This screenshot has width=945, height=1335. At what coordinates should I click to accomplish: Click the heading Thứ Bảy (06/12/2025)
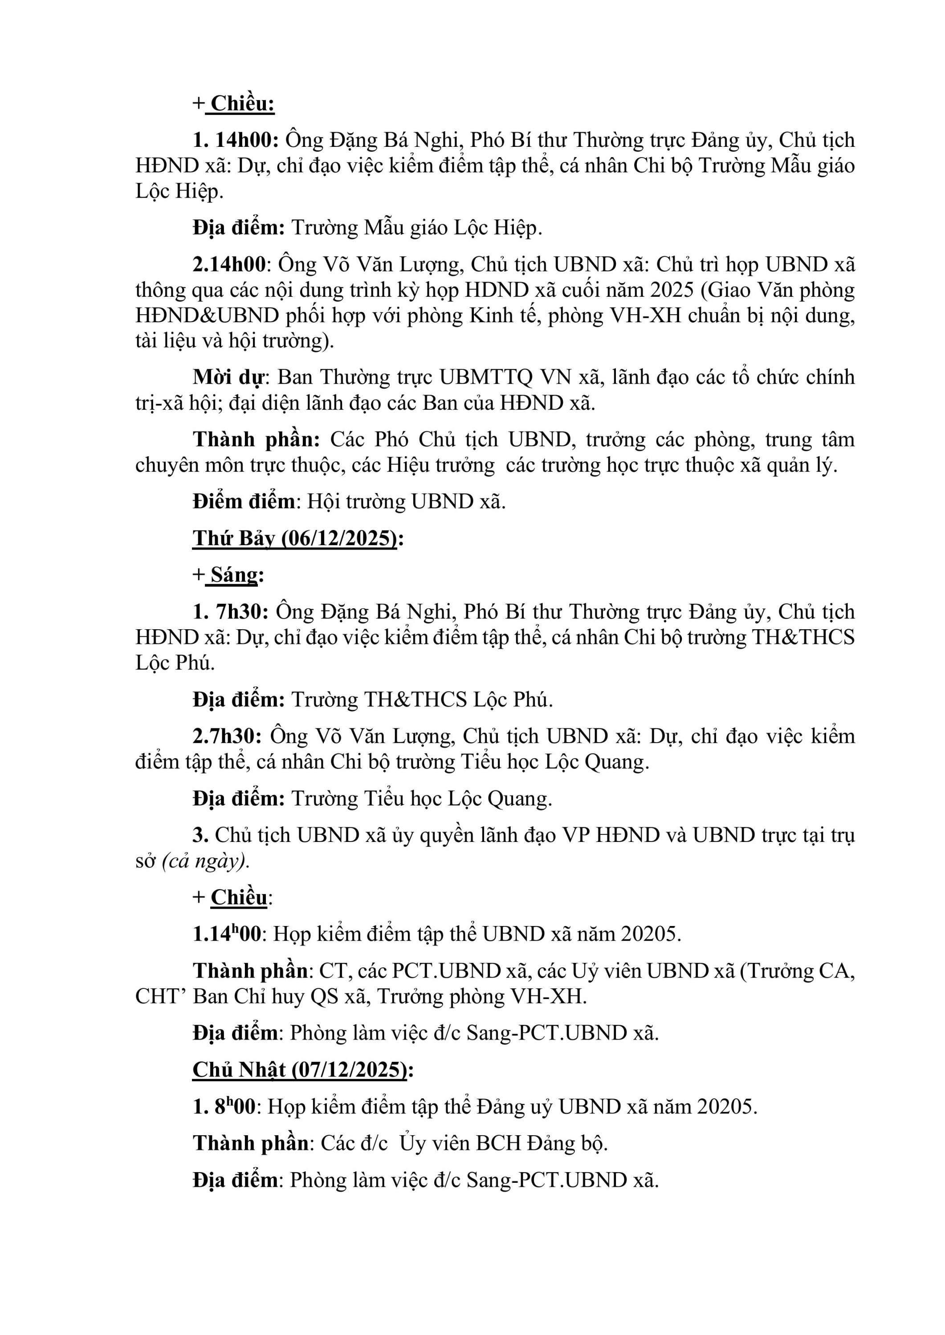pyautogui.click(x=295, y=538)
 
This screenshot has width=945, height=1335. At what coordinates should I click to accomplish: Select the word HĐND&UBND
pyautogui.click(x=207, y=315)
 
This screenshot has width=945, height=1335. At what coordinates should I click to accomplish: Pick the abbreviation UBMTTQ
pyautogui.click(x=486, y=377)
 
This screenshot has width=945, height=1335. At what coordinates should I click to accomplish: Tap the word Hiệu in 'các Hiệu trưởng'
pyautogui.click(x=411, y=465)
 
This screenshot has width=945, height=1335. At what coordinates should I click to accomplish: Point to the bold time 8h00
pyautogui.click(x=235, y=1106)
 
